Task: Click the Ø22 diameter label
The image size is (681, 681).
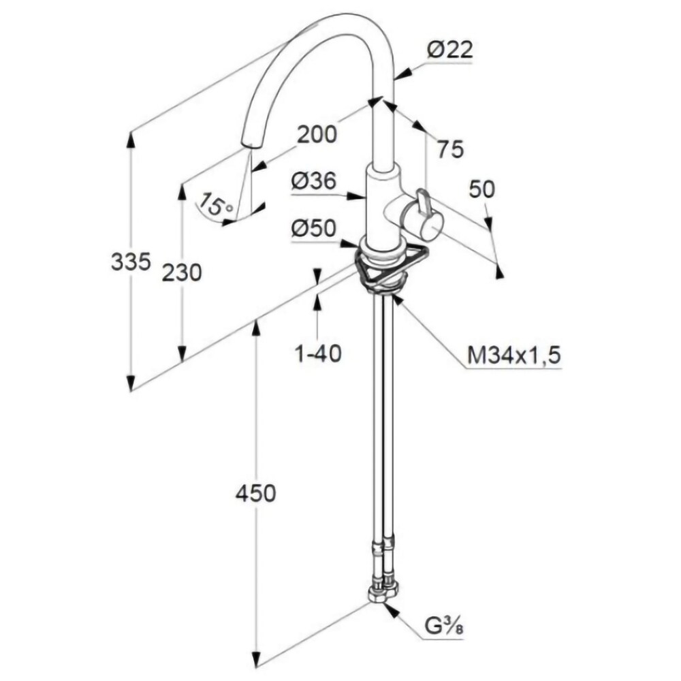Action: pos(449,50)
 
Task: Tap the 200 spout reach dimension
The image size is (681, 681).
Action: pos(317,134)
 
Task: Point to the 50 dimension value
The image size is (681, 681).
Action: pos(481,189)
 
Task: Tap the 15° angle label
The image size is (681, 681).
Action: pos(217,204)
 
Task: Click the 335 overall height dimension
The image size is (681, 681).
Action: pos(130,261)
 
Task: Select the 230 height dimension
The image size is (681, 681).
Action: pos(182,272)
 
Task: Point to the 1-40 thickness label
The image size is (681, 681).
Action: pos(317,353)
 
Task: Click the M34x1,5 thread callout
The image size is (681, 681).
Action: pos(514,355)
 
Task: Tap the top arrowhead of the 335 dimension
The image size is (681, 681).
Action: pos(130,138)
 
